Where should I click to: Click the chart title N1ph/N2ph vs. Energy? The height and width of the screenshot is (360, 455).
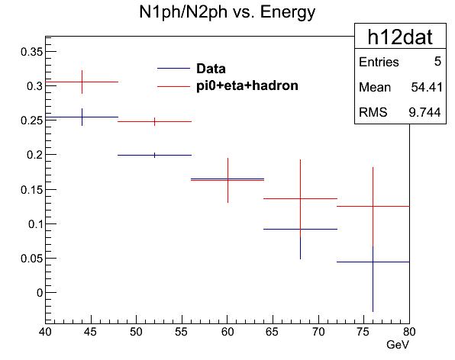coord(227,13)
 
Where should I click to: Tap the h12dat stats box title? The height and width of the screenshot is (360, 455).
coord(400,37)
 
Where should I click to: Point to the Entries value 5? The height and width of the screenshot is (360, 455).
coord(437,62)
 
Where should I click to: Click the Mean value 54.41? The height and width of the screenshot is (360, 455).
coord(427,87)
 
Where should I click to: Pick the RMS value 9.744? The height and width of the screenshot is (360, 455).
coord(424,112)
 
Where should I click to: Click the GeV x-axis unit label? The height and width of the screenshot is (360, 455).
coord(398,345)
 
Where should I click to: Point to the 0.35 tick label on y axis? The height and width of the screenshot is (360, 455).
coord(31,52)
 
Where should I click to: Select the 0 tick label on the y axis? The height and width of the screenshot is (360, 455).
coord(40,293)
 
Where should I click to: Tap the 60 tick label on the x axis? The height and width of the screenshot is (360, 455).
coord(227,332)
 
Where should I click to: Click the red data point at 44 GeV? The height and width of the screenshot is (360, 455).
coord(82,82)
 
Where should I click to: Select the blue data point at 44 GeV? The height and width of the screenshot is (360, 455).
coord(82,117)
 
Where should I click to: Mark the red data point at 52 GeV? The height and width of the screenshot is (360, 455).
coord(155,122)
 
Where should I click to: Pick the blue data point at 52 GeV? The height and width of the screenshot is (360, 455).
coord(155,156)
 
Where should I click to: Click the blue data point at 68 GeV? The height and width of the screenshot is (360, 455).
coord(300,230)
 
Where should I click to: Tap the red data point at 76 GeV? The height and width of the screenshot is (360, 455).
coord(373,207)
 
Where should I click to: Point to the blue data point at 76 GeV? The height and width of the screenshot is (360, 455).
coord(373,262)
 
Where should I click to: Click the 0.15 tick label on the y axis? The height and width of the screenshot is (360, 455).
coord(31,190)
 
